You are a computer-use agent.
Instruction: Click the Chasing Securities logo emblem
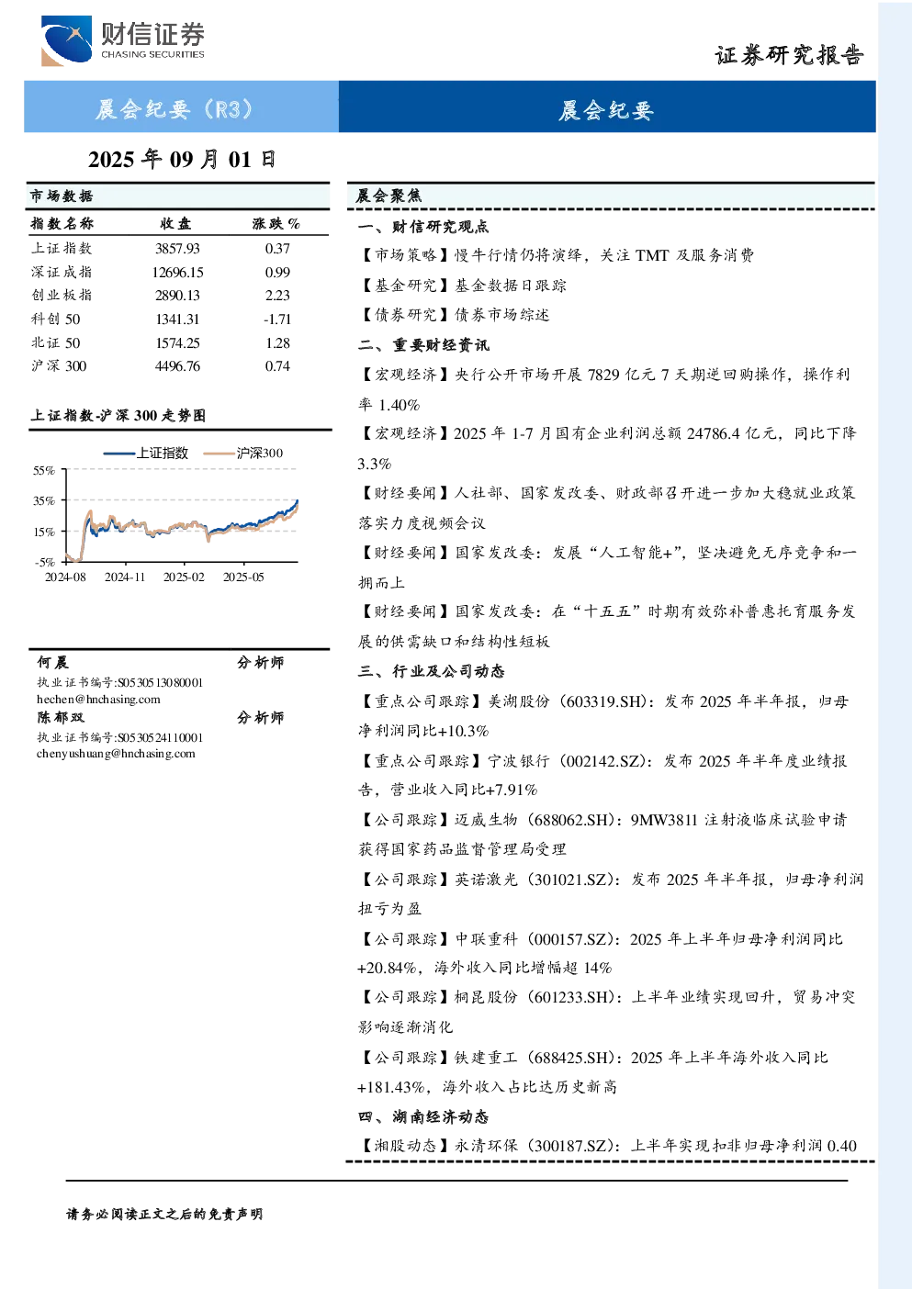coord(65,40)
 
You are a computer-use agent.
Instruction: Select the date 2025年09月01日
coord(182,160)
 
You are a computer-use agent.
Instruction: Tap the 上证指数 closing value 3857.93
coord(177,249)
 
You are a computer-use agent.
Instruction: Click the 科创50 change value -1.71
coord(277,319)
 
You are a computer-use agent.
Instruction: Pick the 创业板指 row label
coord(62,296)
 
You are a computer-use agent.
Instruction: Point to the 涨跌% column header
coord(276,223)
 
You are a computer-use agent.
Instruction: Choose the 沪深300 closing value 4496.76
coord(177,366)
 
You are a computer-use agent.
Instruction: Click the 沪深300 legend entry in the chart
coord(243,453)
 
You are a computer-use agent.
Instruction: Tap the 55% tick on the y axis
coord(44,471)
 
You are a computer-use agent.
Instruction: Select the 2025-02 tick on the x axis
coord(184,577)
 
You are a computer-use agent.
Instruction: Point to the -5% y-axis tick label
coord(45,562)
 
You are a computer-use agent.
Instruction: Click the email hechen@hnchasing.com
coord(98,700)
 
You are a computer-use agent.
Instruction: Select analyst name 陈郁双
coord(61,718)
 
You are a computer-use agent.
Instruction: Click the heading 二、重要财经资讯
coord(423,345)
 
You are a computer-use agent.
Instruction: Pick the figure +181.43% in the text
coord(391,1087)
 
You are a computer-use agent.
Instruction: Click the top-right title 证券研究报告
coord(789,55)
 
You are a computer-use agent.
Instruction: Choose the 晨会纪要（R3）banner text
coord(175,109)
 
